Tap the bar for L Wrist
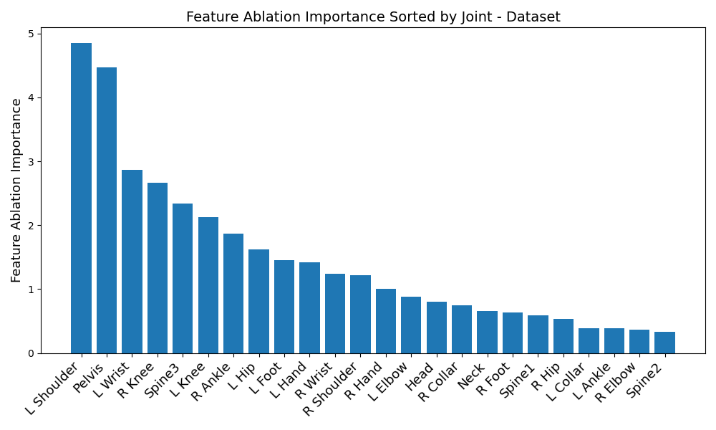[132, 262]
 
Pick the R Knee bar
[158, 268]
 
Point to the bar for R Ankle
[233, 293]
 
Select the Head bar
[437, 328]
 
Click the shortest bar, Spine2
[664, 343]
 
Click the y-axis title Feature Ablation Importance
[16, 190]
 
